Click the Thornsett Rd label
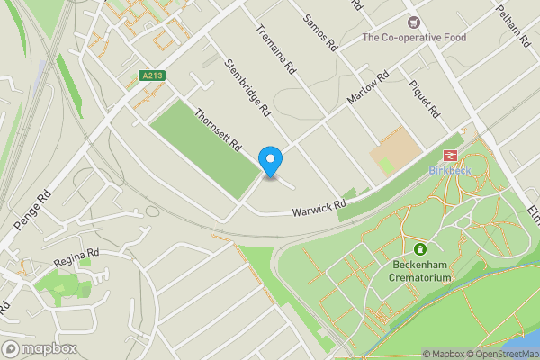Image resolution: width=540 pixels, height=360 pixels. [219, 130]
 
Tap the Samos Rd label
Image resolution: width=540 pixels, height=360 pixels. [319, 31]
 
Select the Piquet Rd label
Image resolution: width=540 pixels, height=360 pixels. [423, 100]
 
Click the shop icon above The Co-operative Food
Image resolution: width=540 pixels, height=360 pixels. [413, 22]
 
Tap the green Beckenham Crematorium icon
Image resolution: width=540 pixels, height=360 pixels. [419, 248]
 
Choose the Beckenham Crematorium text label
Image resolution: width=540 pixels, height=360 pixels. [419, 271]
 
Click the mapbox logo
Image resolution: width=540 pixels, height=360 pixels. [40, 348]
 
